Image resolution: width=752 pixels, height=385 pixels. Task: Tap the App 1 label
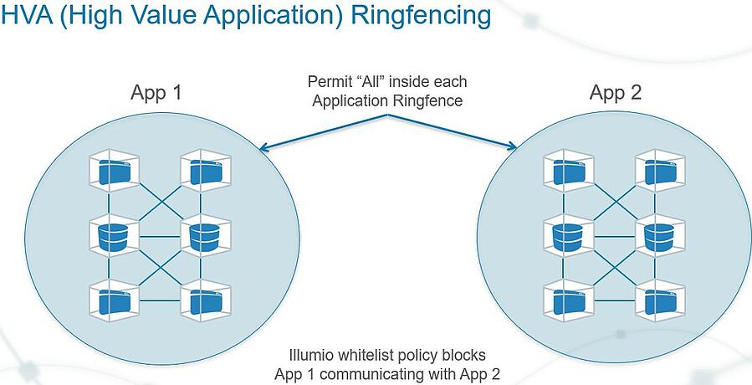coord(156,92)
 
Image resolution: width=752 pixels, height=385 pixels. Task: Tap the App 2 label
coord(616,92)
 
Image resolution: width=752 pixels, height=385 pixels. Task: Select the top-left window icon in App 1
coord(110,171)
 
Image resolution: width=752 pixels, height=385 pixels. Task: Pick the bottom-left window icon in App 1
coord(110,300)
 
